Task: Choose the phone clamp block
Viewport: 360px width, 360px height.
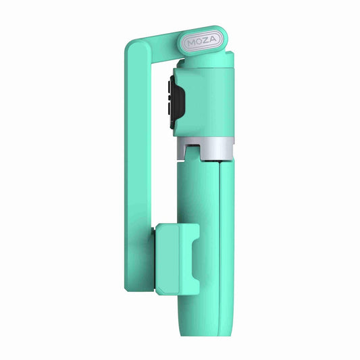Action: [177, 260]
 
